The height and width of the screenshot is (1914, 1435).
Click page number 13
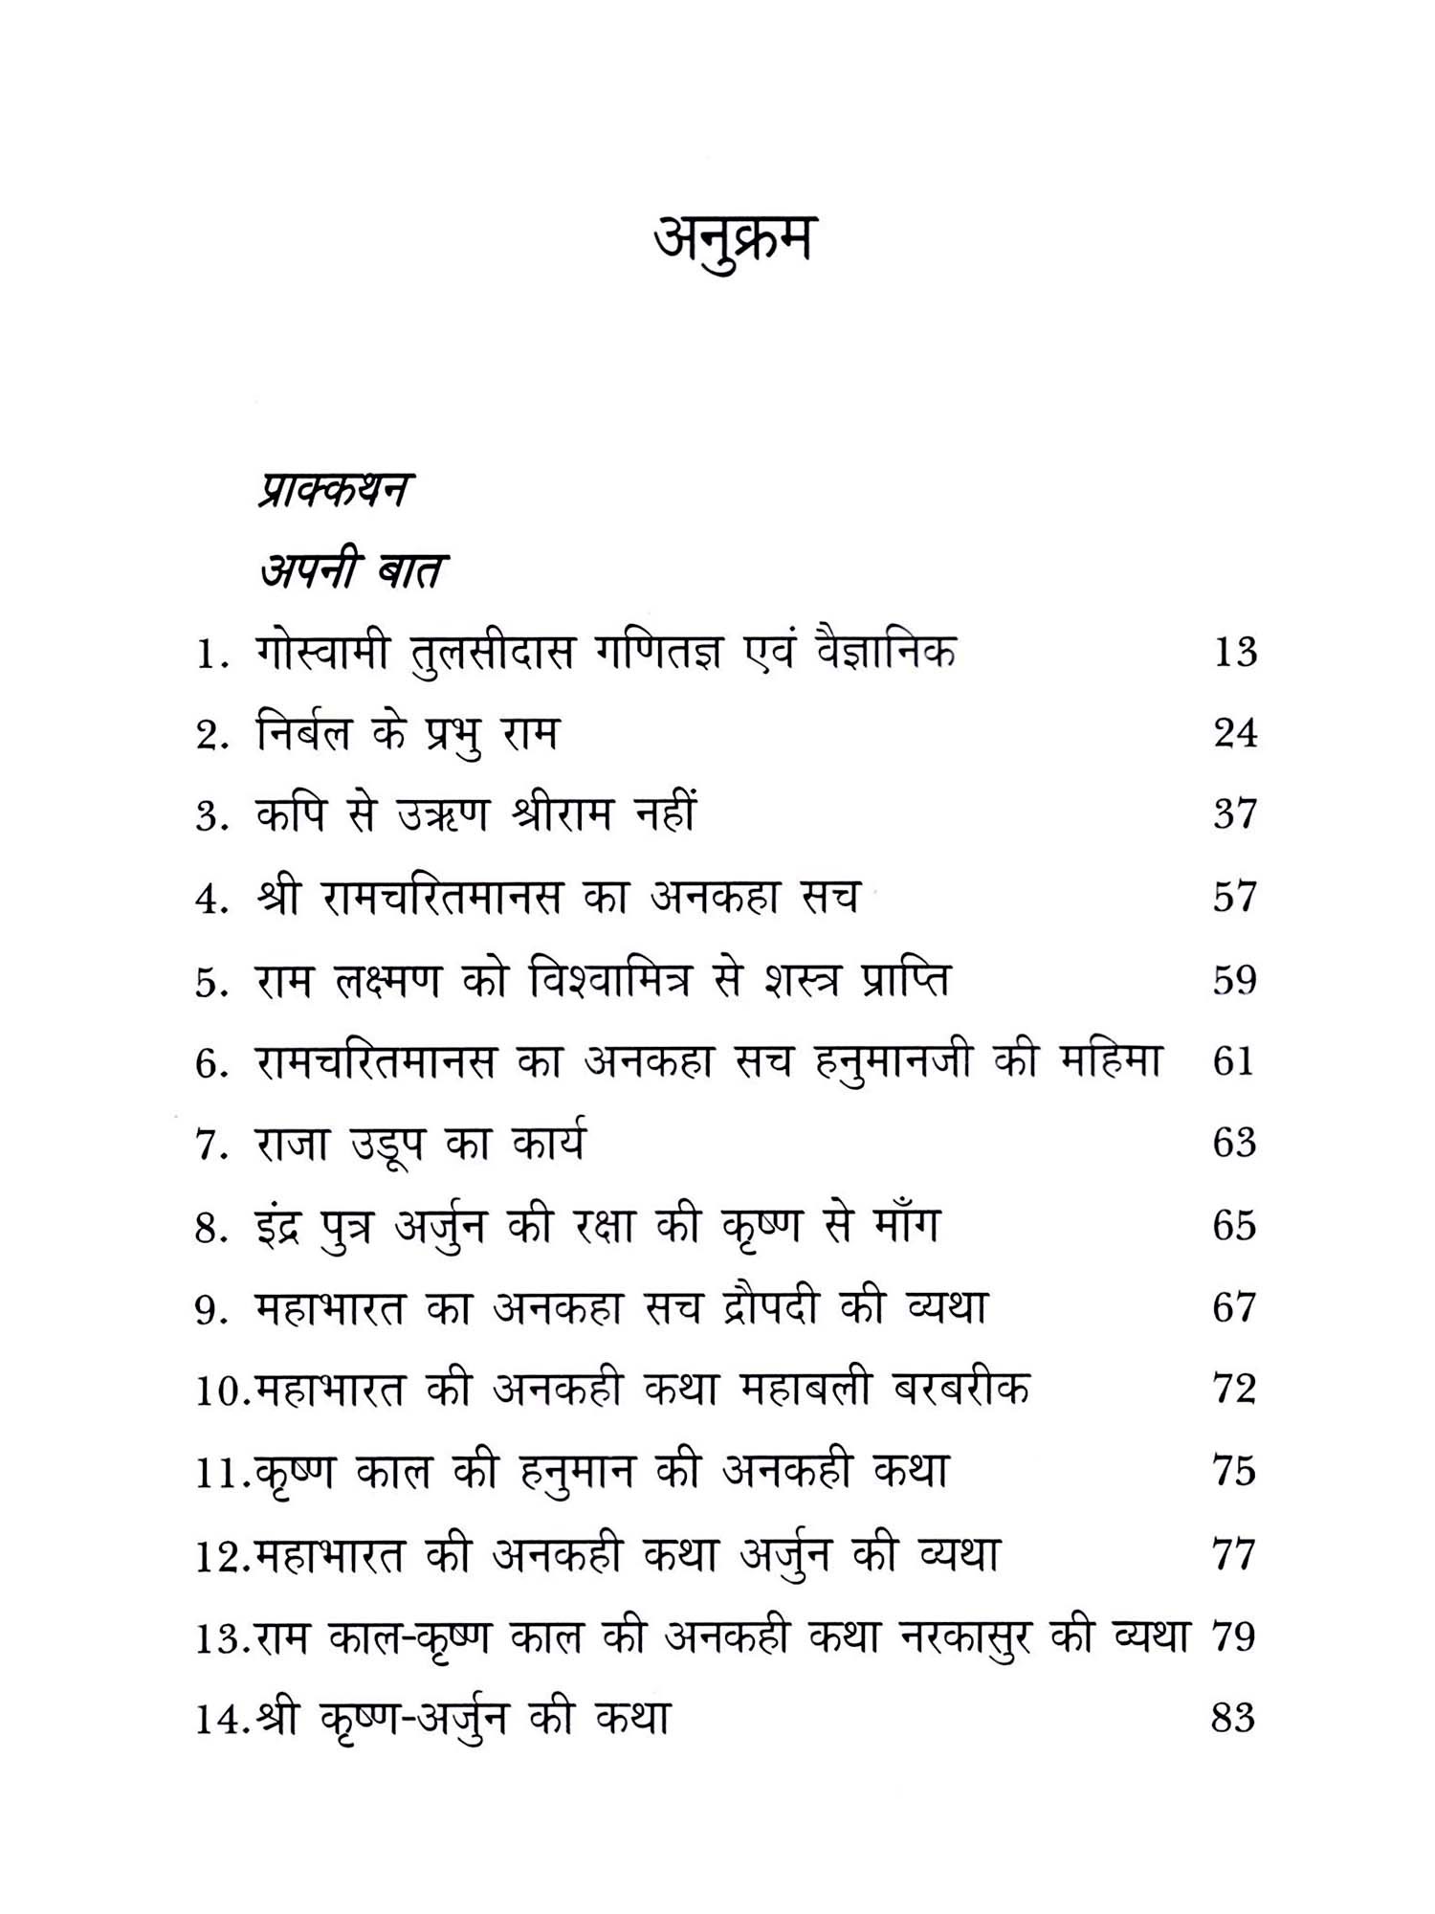pos(1234,654)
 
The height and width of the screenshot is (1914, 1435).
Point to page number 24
pos(1234,734)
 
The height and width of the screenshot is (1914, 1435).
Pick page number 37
pos(1234,815)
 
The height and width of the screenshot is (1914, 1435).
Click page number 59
pos(1234,981)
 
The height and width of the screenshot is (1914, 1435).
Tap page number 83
pos(1233,1719)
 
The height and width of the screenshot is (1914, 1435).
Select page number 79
pos(1233,1636)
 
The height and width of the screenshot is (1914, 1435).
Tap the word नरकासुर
pos(967,1636)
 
